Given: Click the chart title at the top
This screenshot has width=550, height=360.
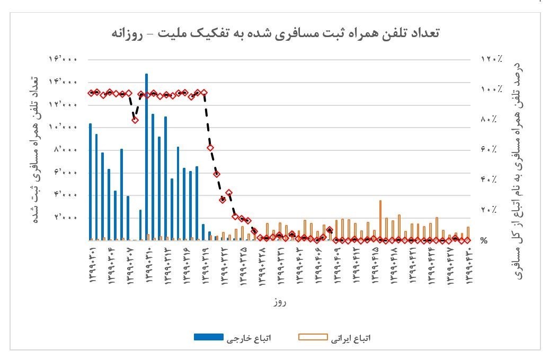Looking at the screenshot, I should pyautogui.click(x=275, y=33).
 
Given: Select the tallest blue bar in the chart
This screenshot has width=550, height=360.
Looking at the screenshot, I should pyautogui.click(x=147, y=156).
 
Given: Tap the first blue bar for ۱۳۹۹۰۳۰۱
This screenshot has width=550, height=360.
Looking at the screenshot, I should pyautogui.click(x=90, y=182).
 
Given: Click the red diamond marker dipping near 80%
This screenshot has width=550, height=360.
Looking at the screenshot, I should pyautogui.click(x=135, y=120).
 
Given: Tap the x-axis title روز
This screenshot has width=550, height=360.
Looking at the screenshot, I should pyautogui.click(x=280, y=302).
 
